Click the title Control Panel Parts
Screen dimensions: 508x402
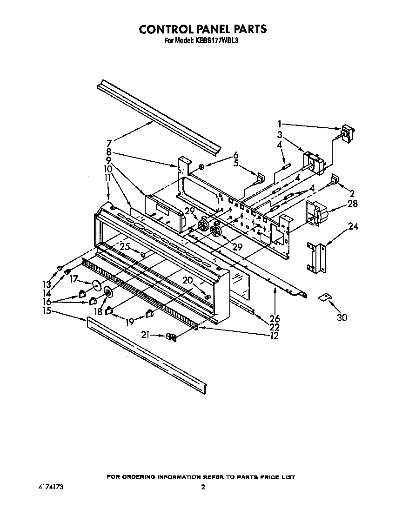[203, 29]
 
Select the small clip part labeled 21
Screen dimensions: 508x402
[172, 336]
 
